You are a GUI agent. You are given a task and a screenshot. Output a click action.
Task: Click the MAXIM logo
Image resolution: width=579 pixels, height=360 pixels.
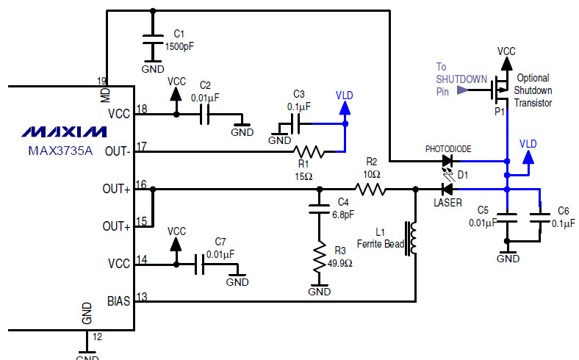click(x=64, y=132)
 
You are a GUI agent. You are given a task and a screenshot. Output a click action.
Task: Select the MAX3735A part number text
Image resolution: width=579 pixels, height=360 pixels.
click(x=60, y=151)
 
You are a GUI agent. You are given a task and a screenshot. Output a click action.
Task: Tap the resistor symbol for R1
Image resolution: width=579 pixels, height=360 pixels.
click(x=309, y=152)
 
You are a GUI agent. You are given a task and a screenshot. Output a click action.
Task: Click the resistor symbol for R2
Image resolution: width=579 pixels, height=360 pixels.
click(x=370, y=190)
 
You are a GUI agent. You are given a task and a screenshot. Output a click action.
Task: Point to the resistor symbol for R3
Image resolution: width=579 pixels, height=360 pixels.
click(x=320, y=257)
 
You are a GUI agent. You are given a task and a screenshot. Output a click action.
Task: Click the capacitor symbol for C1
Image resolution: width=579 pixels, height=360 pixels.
click(x=153, y=39)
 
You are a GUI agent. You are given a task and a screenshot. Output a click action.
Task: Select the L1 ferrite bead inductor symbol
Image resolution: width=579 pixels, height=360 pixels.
click(x=411, y=238)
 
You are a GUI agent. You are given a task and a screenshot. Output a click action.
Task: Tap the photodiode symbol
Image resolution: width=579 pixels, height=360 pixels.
click(x=448, y=161)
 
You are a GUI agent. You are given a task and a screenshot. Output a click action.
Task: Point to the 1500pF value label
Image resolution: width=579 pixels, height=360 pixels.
click(x=179, y=46)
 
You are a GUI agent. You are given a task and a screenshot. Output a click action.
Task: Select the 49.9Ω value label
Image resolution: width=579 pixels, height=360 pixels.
click(x=339, y=263)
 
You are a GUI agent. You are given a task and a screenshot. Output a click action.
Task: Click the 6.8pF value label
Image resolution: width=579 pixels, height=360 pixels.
click(x=343, y=214)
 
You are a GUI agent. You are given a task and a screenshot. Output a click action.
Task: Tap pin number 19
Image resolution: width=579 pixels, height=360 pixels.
click(x=101, y=81)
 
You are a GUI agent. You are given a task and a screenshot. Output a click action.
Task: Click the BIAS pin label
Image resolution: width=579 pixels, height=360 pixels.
click(x=118, y=301)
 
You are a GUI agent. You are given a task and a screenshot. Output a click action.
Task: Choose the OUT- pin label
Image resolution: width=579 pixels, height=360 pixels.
click(x=118, y=151)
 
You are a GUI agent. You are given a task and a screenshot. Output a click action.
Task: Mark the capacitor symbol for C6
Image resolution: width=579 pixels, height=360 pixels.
click(x=540, y=218)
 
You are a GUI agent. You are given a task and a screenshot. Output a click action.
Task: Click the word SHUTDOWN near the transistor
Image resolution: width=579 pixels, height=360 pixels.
click(x=461, y=79)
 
